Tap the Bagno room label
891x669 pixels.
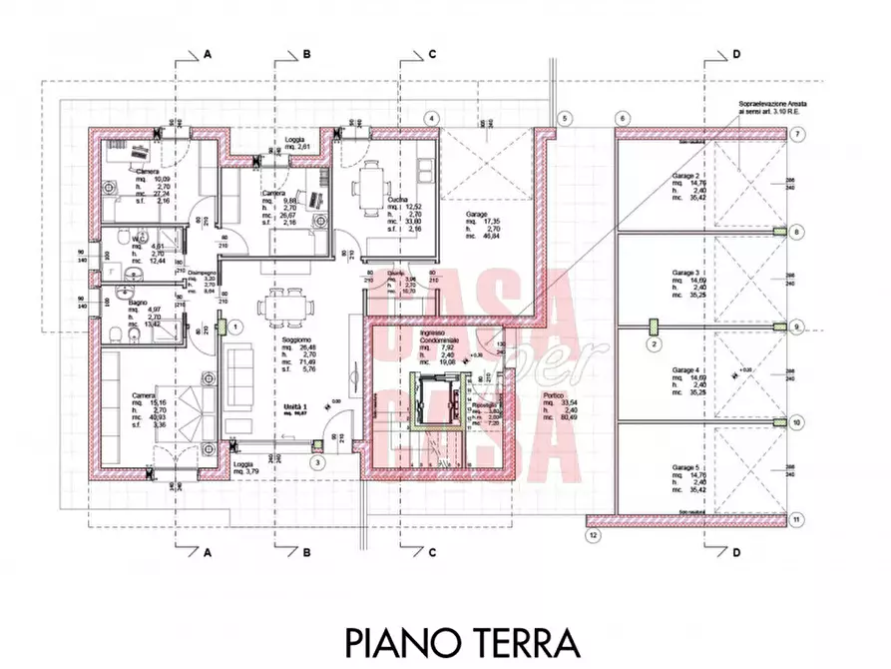pos(138,300)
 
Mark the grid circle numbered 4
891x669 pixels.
pos(431,118)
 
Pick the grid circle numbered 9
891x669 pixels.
pos(796,327)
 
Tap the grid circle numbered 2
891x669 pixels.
pos(655,344)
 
